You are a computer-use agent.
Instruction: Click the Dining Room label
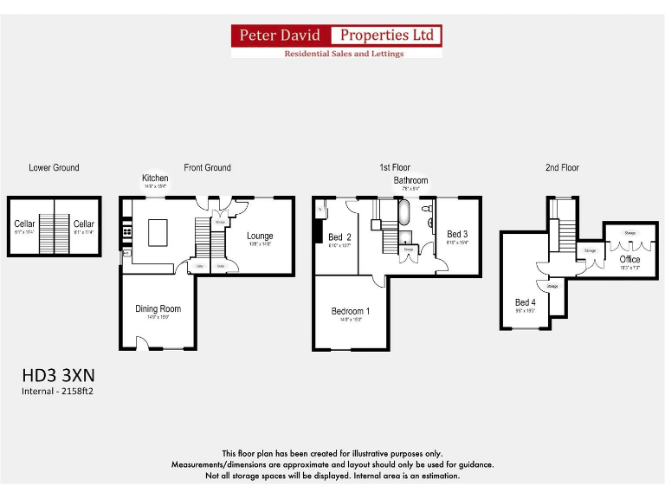coord(158,308)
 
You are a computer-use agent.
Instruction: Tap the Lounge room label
coord(260,236)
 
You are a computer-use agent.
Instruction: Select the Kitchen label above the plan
coord(155,178)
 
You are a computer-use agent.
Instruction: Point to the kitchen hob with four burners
coord(127,230)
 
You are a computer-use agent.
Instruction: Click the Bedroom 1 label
coord(351,311)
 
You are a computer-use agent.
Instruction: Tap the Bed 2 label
coord(339,237)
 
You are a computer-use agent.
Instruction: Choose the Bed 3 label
coord(456,234)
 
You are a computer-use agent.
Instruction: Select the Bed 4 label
coord(525,302)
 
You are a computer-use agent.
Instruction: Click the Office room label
coord(629,259)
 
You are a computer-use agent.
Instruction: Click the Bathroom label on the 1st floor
coord(410,180)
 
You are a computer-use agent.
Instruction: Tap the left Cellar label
coord(25,224)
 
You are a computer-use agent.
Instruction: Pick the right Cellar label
coord(83,224)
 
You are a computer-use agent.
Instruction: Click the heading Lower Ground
coord(54,167)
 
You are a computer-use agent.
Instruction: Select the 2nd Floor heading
coord(562,167)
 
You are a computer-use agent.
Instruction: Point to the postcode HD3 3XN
coord(58,376)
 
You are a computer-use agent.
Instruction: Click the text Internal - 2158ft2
coord(58,392)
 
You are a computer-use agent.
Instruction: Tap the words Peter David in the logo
coord(281,36)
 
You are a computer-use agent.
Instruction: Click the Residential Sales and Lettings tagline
coord(344,54)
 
